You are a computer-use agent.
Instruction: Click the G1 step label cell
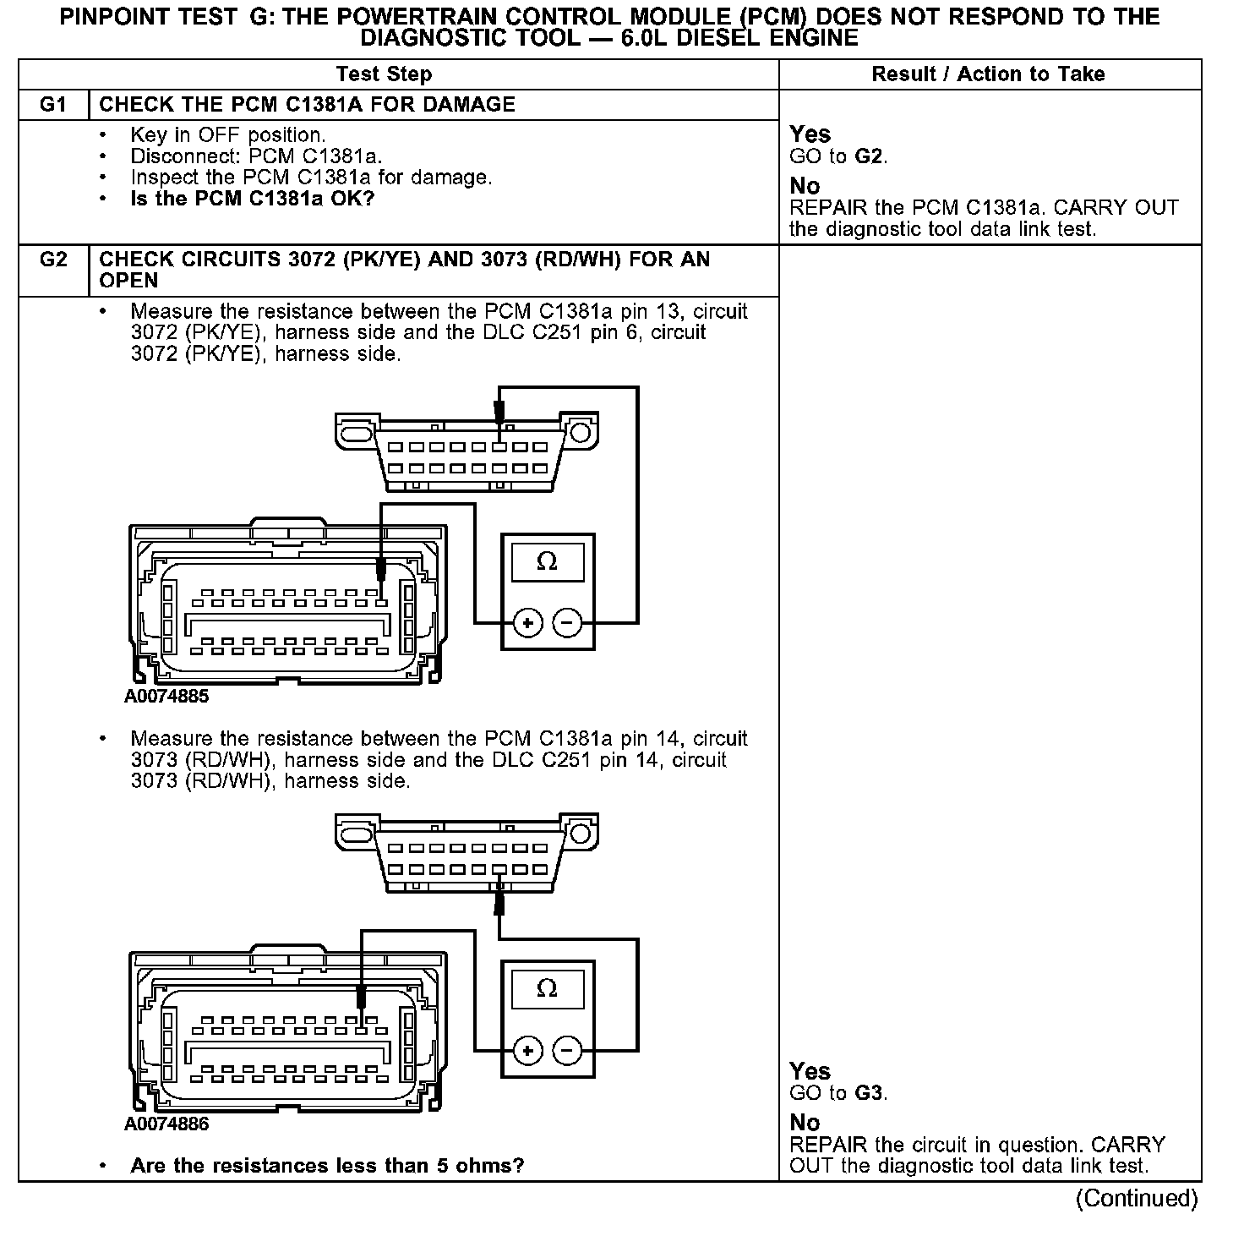52,105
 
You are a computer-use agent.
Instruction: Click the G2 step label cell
52,260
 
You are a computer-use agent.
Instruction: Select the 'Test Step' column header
384,74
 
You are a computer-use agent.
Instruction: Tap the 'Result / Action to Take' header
988,74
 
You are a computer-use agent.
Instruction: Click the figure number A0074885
166,697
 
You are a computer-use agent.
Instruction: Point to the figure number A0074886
166,1124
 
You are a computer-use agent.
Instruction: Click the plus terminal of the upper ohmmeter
528,624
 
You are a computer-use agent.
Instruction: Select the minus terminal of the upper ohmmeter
567,624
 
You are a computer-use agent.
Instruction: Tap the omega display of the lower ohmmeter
548,988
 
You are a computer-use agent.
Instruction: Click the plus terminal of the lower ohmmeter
528,1051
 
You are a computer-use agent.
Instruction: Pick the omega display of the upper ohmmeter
548,561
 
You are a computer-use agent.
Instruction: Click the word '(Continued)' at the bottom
1137,1198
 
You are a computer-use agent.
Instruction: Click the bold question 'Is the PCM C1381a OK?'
252,199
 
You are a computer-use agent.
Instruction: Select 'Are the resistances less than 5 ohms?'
327,1166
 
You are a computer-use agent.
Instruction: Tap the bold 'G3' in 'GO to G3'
868,1093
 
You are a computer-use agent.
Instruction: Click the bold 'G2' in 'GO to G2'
868,156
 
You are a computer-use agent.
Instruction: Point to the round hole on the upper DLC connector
581,433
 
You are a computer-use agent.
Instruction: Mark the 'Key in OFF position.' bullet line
227,135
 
